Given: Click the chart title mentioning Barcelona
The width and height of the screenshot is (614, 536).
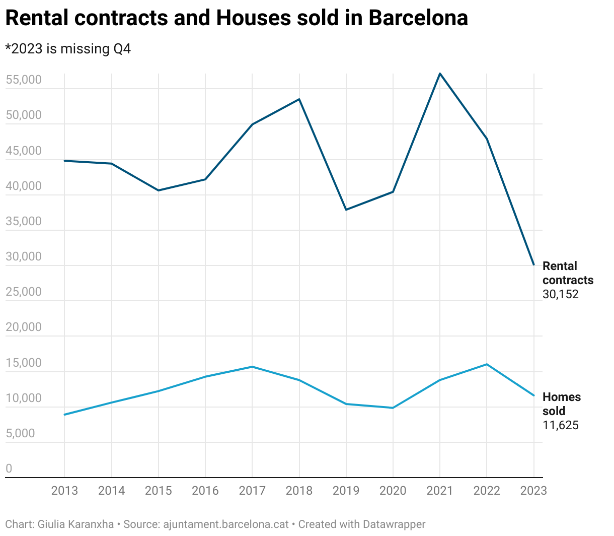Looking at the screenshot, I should [x=237, y=18].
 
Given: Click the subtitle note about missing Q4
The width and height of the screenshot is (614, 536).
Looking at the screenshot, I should [x=68, y=49].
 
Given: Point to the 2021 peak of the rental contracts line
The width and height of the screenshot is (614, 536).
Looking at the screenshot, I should [x=440, y=74].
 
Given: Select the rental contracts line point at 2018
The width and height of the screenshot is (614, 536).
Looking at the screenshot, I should [x=299, y=99].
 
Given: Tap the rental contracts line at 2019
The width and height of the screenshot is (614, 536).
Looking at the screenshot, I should [x=346, y=210].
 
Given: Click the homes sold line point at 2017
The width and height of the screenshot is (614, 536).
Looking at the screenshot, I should [x=252, y=367].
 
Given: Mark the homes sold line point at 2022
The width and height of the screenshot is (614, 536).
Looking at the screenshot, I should [x=487, y=364].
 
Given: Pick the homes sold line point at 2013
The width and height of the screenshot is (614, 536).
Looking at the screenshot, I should [x=64, y=415].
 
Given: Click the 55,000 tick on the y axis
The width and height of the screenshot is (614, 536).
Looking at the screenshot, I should [x=24, y=80].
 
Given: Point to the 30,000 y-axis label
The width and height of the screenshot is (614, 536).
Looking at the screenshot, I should [x=24, y=256].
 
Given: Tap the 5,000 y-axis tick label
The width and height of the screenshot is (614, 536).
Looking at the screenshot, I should [x=21, y=433].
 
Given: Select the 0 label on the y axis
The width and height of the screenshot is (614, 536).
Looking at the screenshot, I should [x=9, y=468].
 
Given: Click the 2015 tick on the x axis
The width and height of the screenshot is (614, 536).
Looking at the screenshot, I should [x=159, y=491].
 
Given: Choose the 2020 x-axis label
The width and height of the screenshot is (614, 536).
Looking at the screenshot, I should [x=393, y=491].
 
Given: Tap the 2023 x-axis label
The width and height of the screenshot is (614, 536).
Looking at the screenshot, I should [x=533, y=491].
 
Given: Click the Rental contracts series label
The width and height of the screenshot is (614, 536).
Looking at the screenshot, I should [x=568, y=273].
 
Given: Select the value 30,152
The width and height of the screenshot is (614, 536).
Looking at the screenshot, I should [x=561, y=294].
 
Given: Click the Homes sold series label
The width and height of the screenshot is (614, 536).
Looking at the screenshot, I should [x=561, y=404].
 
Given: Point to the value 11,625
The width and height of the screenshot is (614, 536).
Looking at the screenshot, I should [x=561, y=425].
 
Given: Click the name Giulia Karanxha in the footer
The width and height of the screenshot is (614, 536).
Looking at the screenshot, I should [x=75, y=524].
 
